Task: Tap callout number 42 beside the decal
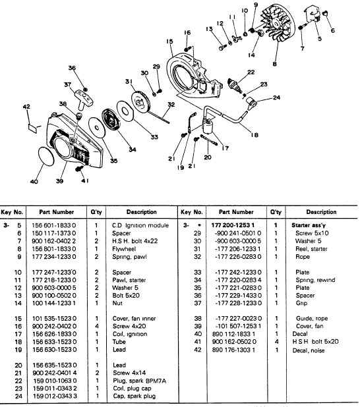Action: click(26, 107)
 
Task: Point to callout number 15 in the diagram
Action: click(170, 41)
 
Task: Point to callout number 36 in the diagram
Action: click(71, 68)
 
